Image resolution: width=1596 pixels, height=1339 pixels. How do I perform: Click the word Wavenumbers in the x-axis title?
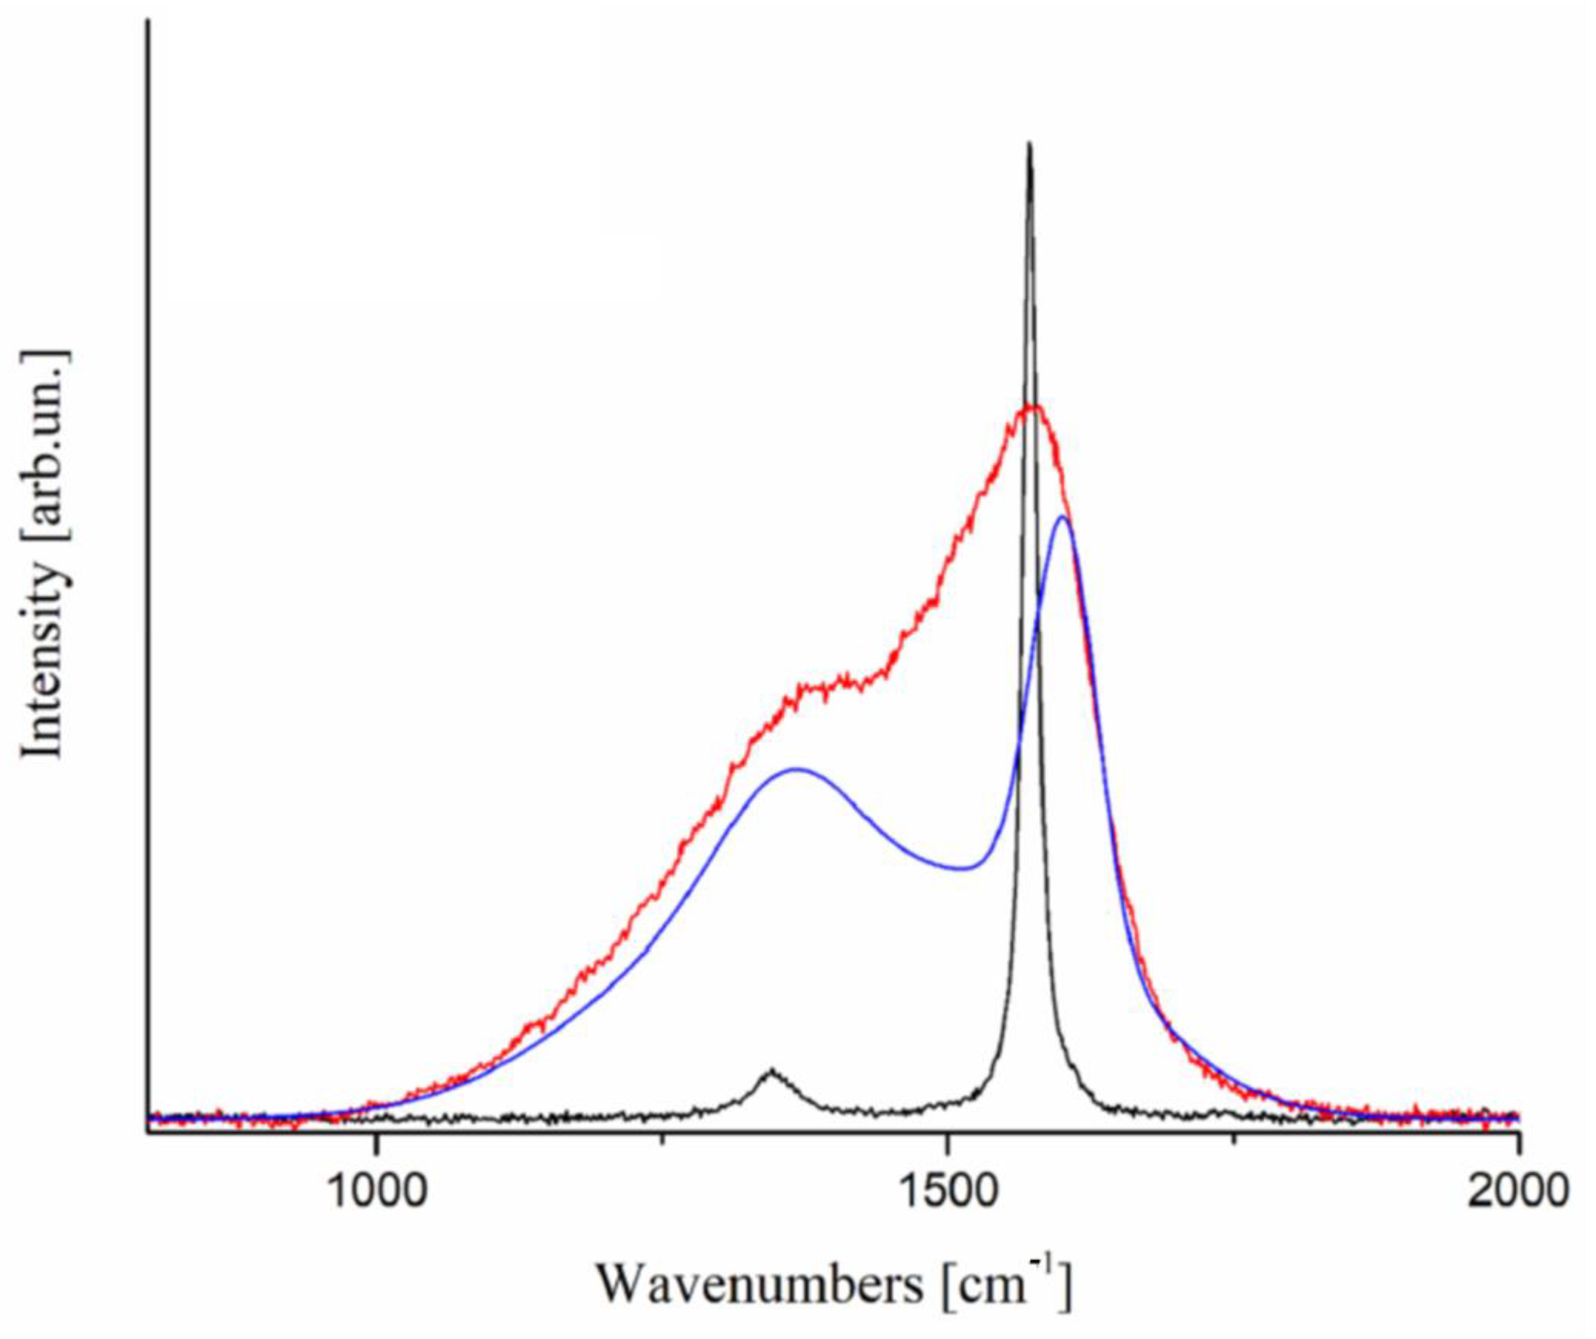pyautogui.click(x=760, y=1285)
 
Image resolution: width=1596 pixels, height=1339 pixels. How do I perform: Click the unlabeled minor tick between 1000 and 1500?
pyautogui.click(x=663, y=1138)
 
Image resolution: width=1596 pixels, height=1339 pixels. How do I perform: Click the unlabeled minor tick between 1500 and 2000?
pyautogui.click(x=1234, y=1138)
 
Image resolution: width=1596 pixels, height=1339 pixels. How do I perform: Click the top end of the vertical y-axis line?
pyautogui.click(x=148, y=19)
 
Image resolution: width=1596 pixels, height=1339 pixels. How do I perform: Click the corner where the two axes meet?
pyautogui.click(x=148, y=1133)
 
